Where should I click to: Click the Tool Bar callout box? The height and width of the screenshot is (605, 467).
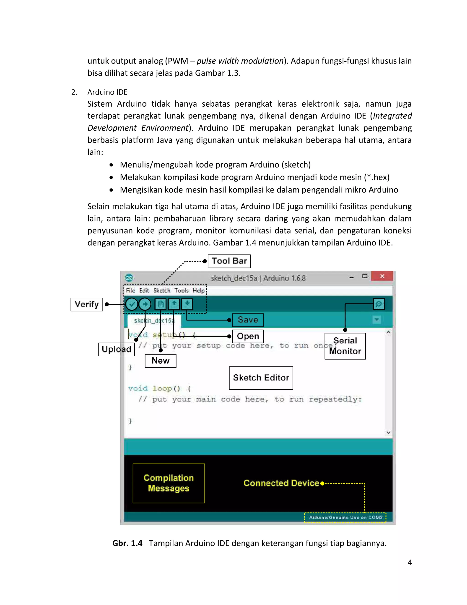click(229, 261)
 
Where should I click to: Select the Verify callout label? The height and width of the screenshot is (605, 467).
click(87, 304)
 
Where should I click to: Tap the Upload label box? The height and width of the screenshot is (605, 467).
click(117, 349)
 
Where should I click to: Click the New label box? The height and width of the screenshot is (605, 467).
click(161, 361)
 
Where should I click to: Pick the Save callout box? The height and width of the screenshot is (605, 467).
click(248, 320)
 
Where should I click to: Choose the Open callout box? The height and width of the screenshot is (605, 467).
click(248, 336)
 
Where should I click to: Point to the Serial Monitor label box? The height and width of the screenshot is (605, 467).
click(345, 346)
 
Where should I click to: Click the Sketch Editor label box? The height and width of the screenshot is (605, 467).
click(261, 378)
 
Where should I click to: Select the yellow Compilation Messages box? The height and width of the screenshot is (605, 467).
click(169, 483)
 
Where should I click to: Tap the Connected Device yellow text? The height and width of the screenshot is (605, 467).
click(281, 483)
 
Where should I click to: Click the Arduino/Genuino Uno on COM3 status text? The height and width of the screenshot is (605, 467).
click(345, 518)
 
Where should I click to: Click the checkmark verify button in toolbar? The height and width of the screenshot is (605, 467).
click(132, 304)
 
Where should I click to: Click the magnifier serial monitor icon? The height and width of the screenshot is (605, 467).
click(379, 304)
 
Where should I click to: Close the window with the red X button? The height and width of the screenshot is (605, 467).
click(382, 276)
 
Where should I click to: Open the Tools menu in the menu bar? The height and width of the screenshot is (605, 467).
click(182, 290)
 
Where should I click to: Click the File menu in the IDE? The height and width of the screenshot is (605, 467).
click(130, 290)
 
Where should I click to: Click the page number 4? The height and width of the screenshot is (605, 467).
click(410, 562)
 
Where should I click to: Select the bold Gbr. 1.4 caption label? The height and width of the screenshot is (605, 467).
click(127, 543)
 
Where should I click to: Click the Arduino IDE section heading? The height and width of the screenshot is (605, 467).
click(107, 92)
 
